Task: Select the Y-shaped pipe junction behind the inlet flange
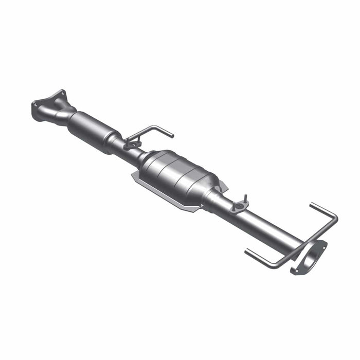62,114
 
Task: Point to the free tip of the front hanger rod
172,136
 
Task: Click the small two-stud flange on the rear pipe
239,206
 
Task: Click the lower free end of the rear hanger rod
246,252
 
